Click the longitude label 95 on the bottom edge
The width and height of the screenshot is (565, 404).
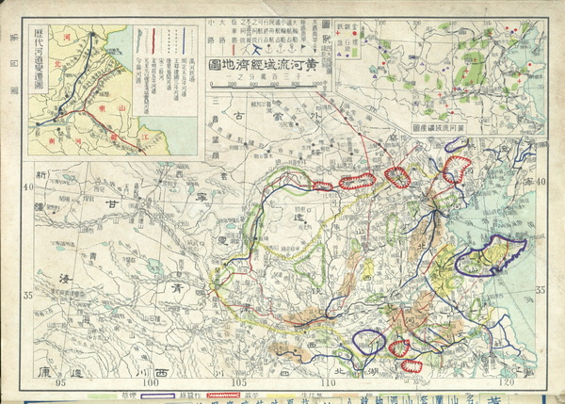pos(61,382)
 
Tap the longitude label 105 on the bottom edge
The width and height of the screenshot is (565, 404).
pos(239,382)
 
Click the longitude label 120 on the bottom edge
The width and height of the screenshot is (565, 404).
pos(508,382)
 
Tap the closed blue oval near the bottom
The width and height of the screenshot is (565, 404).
pos(367,346)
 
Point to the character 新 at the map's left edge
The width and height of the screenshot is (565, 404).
pos(41,176)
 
